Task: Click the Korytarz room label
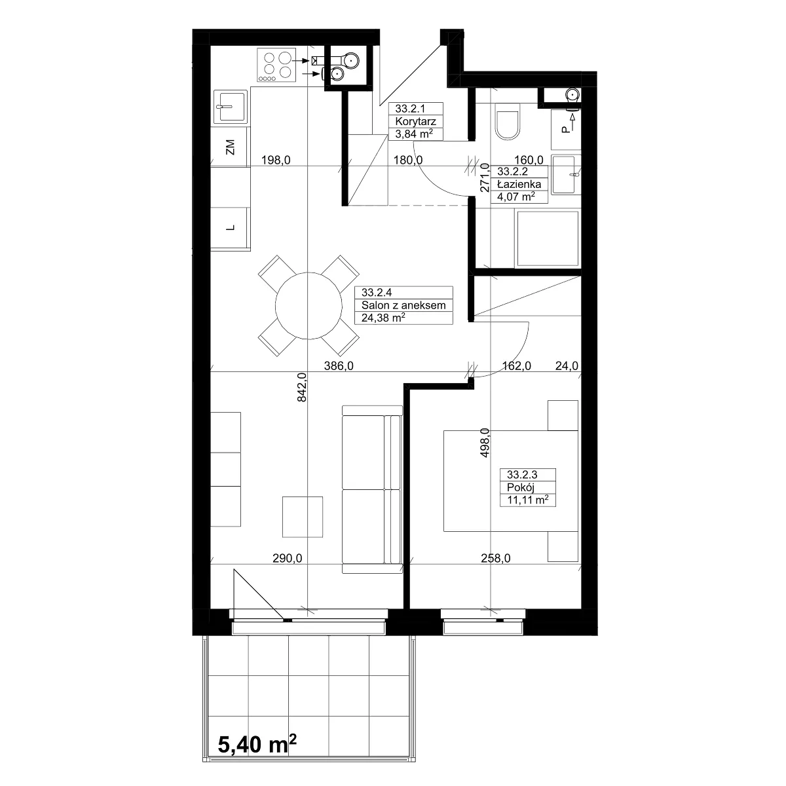415,121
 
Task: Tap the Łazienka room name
519,184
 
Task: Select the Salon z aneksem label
403,305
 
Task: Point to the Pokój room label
521,487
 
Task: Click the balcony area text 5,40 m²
257,744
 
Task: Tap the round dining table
309,305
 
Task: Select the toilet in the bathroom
508,121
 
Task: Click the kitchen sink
231,107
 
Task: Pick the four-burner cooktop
276,65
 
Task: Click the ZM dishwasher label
231,147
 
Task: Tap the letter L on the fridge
231,227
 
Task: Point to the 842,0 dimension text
301,387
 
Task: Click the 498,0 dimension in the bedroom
485,443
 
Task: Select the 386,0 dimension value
339,366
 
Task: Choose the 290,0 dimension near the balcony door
287,558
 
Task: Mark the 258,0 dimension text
496,558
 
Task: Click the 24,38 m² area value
383,317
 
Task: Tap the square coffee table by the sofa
303,517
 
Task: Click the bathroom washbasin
565,175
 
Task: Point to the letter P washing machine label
565,130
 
